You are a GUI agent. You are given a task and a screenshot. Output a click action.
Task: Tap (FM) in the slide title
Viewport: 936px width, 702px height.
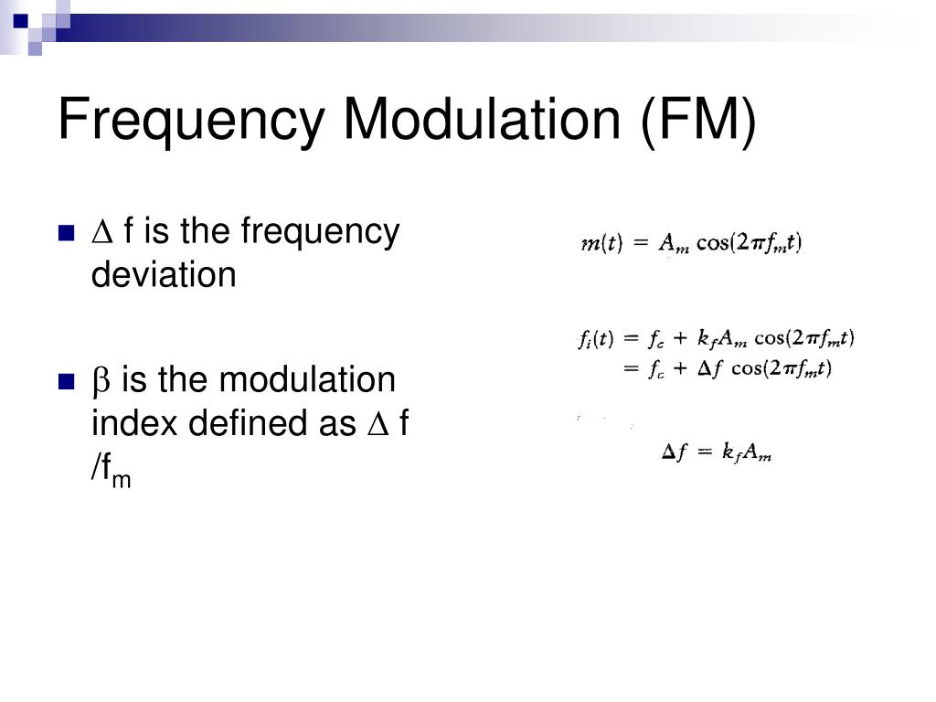(697, 120)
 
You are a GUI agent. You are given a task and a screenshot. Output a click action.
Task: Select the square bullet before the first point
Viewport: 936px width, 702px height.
(65, 233)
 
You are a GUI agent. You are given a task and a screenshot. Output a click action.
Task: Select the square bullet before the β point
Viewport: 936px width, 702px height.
(65, 382)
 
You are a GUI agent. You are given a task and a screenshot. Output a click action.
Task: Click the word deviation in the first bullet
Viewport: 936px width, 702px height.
(164, 274)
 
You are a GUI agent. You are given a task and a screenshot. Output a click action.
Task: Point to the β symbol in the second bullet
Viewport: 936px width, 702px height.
(101, 382)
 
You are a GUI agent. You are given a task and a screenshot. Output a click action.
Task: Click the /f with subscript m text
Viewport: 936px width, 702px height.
(110, 468)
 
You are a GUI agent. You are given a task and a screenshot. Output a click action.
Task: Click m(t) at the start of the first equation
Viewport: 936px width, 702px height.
(601, 244)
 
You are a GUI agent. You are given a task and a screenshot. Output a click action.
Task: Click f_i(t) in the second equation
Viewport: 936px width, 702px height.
(597, 339)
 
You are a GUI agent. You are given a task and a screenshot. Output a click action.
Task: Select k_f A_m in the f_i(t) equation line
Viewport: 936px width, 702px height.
(722, 339)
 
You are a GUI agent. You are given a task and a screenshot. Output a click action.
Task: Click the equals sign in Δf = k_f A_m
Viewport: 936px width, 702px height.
(703, 452)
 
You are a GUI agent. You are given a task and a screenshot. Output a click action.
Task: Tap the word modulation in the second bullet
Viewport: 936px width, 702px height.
(306, 380)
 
